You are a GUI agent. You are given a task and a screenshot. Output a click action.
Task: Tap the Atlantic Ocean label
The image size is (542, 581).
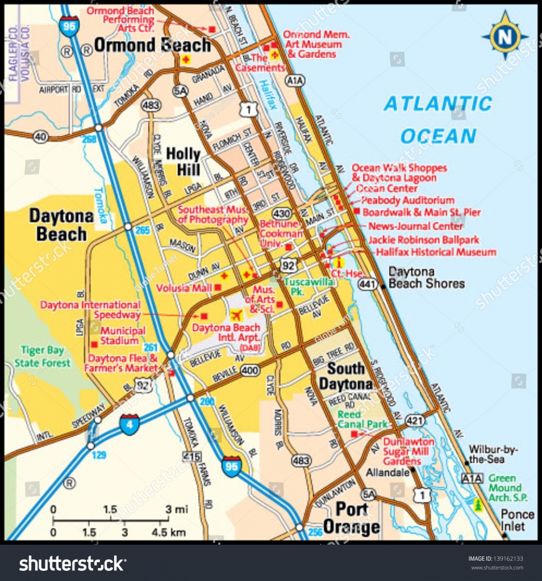437,120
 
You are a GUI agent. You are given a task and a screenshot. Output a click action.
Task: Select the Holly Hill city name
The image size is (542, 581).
183,161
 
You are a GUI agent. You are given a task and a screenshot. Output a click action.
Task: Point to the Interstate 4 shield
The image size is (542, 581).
129,424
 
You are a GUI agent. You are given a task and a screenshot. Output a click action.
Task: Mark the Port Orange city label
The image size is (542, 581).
351,517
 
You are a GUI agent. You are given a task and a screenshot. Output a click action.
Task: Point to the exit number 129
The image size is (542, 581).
99,455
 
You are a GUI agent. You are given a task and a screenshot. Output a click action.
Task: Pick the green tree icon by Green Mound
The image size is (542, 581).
478,504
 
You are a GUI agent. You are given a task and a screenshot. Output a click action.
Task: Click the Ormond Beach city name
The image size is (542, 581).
152,45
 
